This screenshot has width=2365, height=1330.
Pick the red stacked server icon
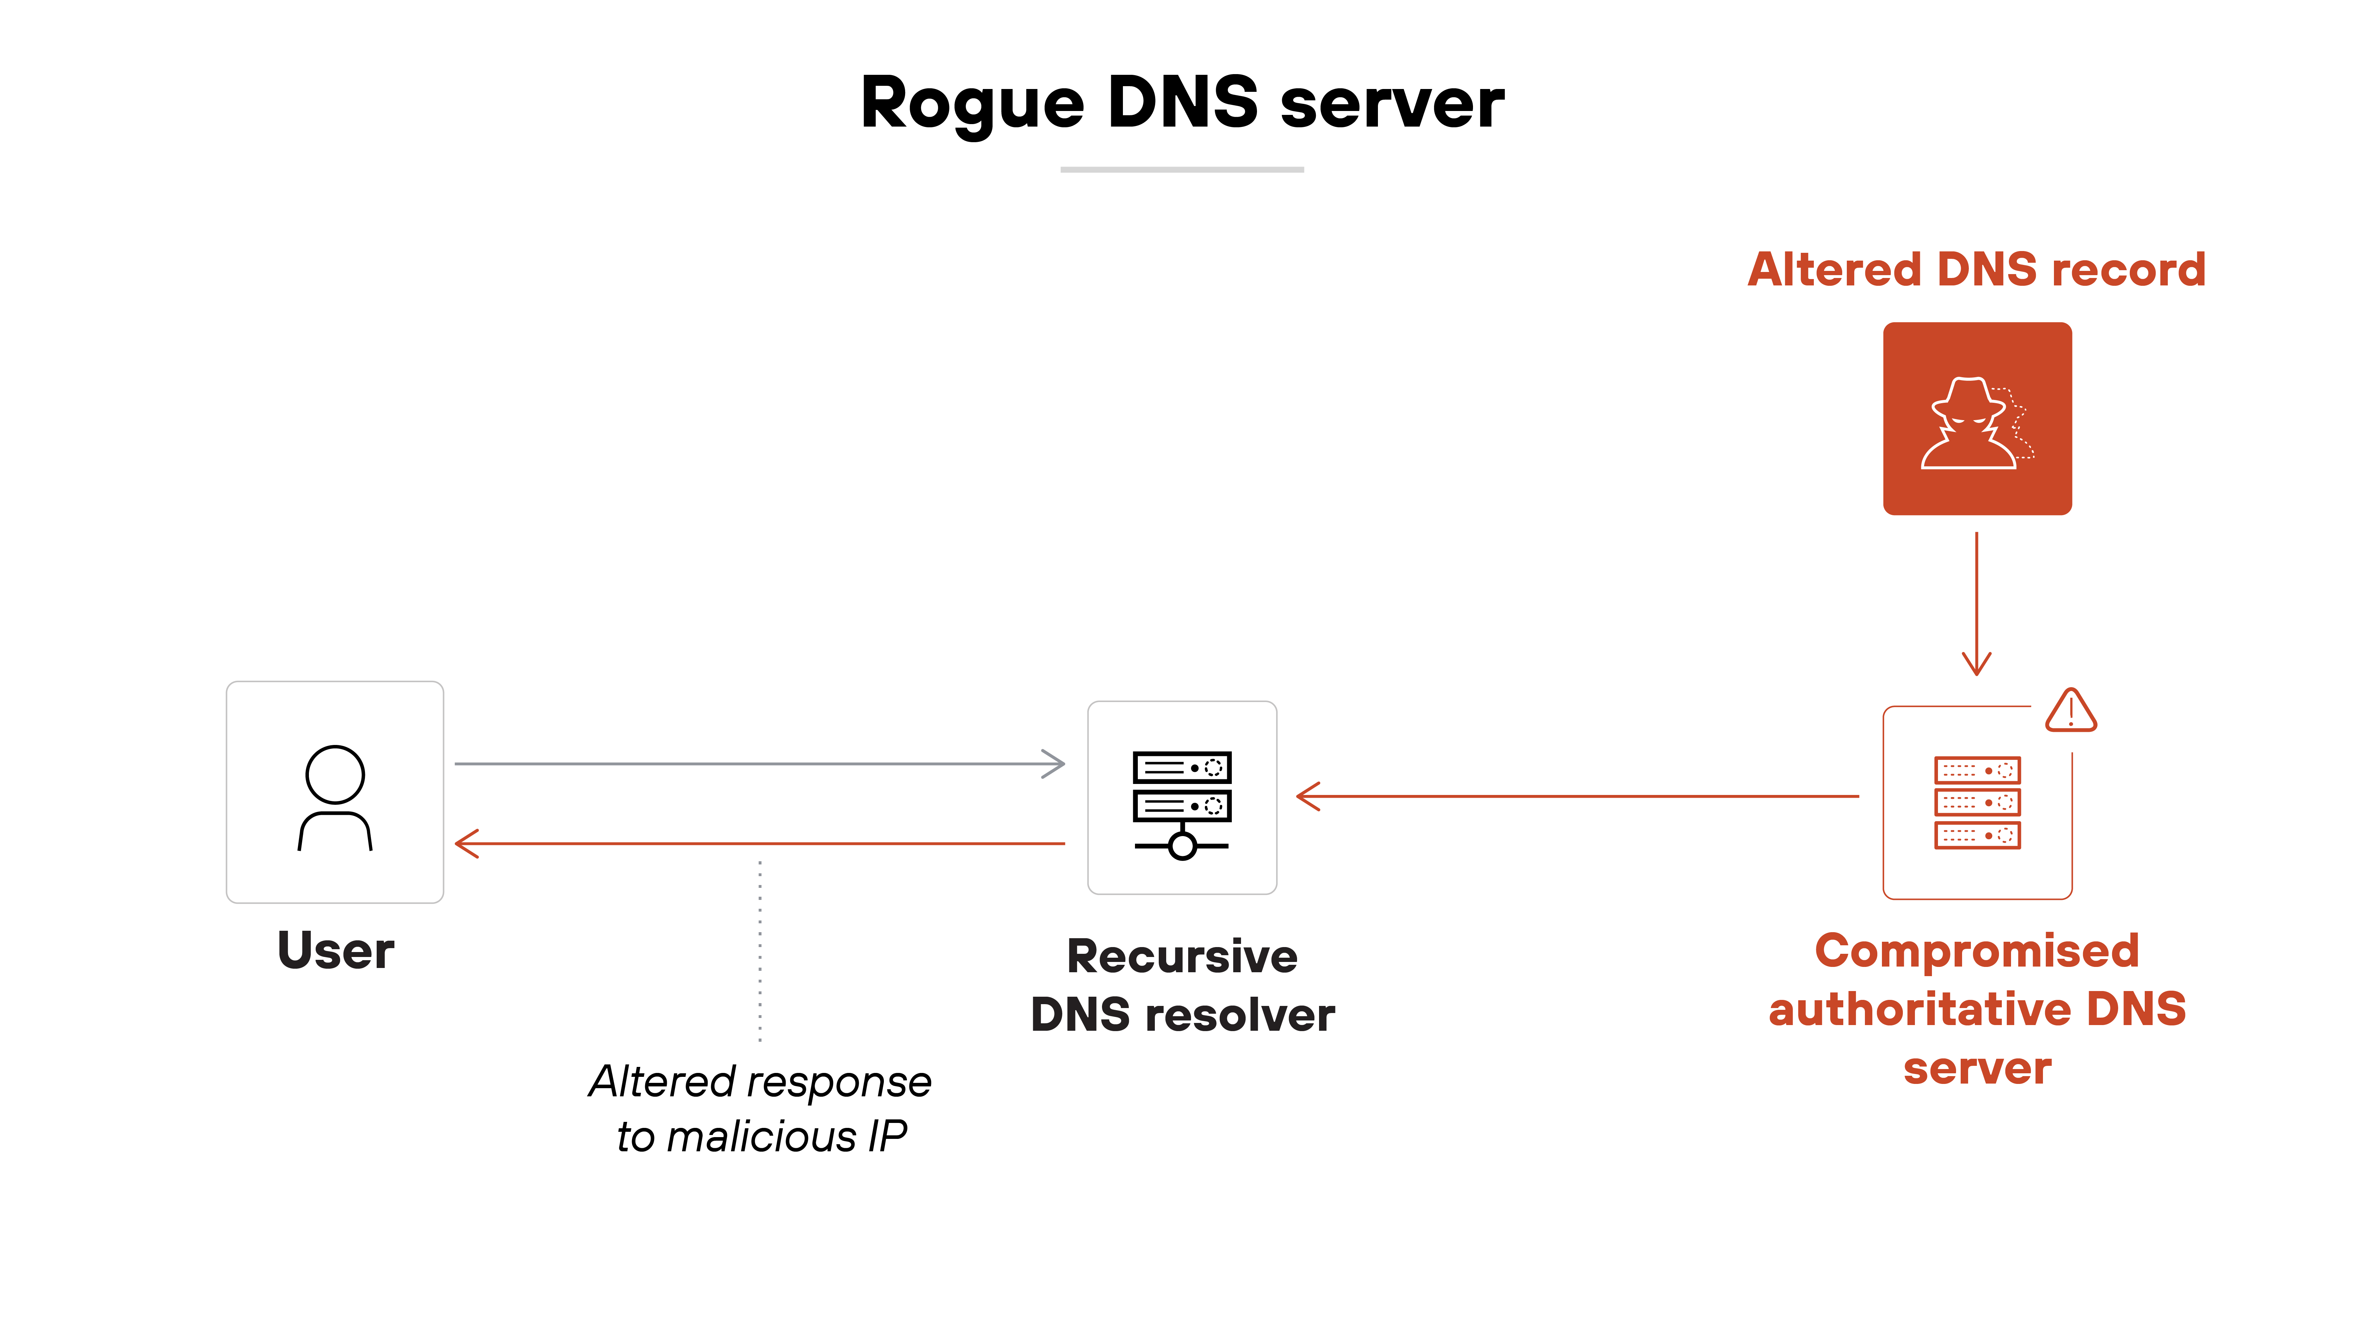tap(1977, 802)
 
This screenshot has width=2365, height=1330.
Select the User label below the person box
tap(335, 950)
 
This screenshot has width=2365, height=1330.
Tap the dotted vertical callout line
tap(760, 950)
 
